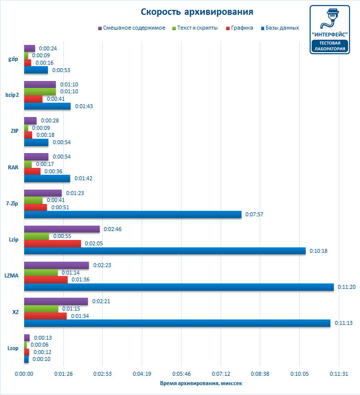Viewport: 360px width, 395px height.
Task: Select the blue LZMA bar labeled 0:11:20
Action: coord(179,287)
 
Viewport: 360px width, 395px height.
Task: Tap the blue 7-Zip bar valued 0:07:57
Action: coord(133,214)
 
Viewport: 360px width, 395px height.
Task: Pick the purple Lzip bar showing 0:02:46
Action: coord(62,229)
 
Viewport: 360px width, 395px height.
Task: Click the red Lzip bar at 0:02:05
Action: coord(52,243)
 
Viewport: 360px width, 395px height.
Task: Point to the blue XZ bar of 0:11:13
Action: coord(177,323)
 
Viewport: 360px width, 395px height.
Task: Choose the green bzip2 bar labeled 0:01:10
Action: coord(40,91)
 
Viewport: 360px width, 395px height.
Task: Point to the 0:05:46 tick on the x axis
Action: coord(182,374)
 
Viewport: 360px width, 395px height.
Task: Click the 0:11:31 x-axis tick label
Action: coord(340,374)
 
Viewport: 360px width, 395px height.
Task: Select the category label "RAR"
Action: coord(13,167)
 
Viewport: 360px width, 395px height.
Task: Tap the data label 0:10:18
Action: coord(319,251)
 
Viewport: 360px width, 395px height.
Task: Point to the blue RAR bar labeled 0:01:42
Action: coord(47,178)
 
